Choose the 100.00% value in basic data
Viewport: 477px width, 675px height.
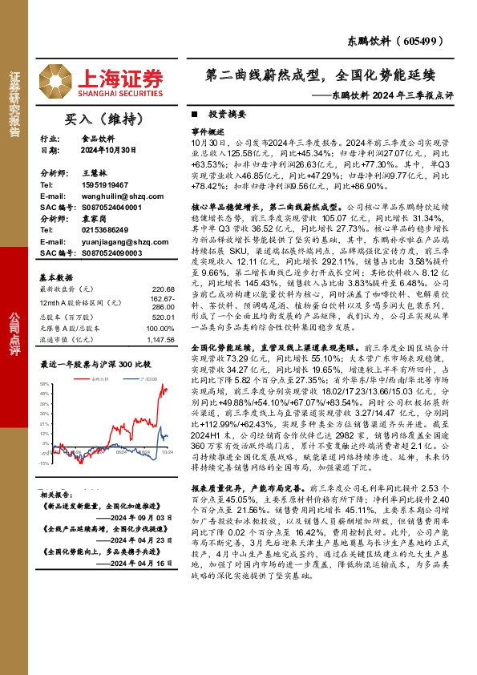click(x=160, y=329)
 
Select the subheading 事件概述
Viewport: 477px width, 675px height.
click(x=206, y=130)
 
